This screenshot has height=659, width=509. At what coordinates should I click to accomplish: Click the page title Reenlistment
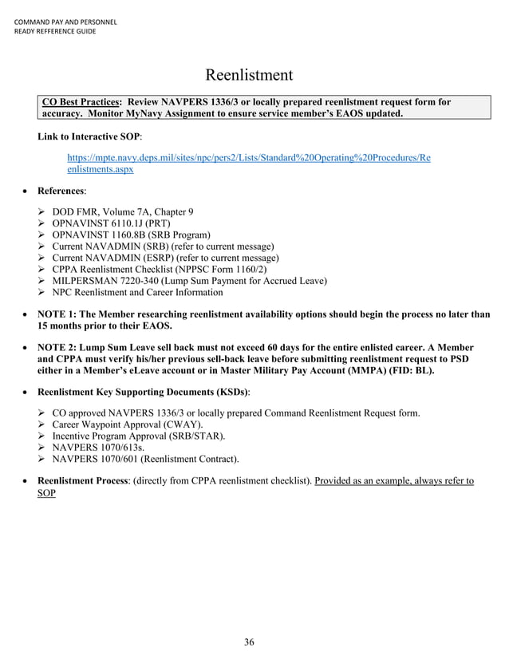[x=249, y=76]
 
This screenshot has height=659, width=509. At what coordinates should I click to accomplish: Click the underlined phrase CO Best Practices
[x=80, y=102]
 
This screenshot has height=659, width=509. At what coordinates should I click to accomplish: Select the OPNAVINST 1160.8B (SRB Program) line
[x=131, y=235]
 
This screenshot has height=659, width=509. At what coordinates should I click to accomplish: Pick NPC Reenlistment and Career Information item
[x=137, y=292]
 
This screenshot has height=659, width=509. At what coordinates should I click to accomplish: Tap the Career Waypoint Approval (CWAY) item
[x=128, y=424]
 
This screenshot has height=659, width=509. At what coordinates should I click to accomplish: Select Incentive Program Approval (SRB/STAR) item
[x=139, y=436]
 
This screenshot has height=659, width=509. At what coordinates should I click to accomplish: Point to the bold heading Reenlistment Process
[x=82, y=481]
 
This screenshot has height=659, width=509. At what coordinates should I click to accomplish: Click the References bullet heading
[x=61, y=191]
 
